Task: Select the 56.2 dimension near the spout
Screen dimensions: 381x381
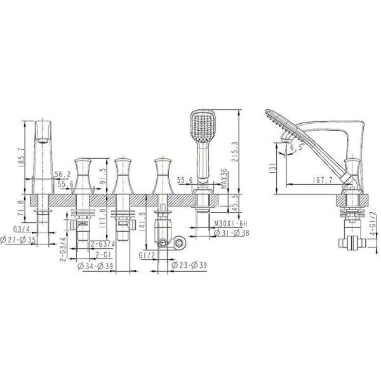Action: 62,174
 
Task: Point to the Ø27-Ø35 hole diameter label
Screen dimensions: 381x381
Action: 18,241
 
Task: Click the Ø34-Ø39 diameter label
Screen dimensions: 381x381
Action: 95,265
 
